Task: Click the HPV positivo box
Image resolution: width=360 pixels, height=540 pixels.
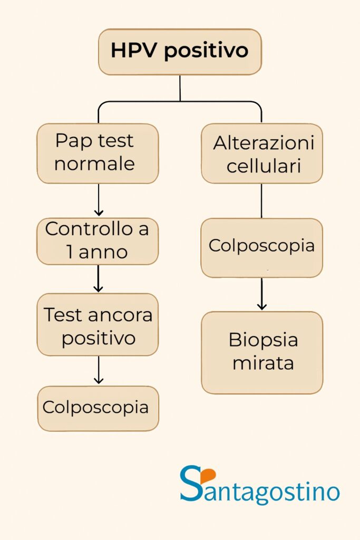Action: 180,52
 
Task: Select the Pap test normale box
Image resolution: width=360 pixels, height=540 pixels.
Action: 98,153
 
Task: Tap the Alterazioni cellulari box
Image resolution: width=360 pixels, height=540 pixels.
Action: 262,153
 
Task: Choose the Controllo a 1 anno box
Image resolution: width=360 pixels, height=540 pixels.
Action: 98,242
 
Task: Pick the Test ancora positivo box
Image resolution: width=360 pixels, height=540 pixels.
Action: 98,324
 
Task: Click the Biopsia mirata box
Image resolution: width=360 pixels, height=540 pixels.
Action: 262,353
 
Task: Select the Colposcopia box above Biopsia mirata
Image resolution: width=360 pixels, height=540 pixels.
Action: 262,248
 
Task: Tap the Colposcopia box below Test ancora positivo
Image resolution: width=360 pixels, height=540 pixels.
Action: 98,409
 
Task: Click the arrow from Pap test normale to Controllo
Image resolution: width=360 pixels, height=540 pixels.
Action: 99,200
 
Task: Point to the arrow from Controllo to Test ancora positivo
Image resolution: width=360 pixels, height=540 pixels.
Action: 99,278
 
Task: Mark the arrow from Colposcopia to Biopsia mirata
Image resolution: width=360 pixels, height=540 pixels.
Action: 262,294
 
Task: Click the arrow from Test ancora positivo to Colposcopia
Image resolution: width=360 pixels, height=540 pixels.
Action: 99,370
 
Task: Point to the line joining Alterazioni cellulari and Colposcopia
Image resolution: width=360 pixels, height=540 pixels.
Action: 261,201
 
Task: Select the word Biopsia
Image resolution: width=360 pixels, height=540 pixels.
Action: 264,340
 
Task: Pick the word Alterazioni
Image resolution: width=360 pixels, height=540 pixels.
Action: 264,142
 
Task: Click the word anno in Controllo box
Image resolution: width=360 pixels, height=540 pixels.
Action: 103,253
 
